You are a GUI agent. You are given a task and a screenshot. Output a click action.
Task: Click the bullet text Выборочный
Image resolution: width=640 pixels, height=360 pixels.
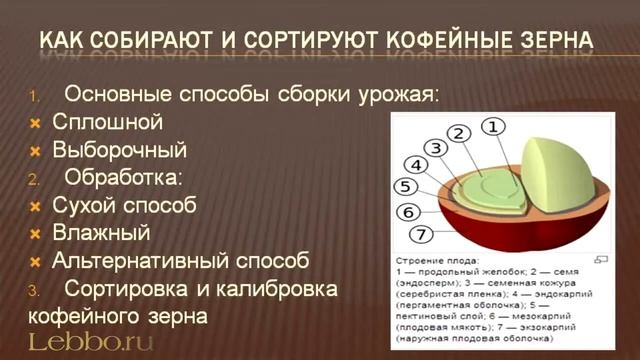(119, 150)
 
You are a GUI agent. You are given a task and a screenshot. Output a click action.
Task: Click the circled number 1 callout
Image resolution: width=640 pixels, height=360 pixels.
(493, 127)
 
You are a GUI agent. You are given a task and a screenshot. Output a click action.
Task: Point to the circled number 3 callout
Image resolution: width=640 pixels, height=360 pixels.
(436, 148)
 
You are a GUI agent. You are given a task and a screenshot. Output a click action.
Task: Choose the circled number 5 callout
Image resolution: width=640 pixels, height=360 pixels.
(405, 187)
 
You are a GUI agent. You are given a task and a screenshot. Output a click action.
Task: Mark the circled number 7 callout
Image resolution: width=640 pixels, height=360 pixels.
(421, 235)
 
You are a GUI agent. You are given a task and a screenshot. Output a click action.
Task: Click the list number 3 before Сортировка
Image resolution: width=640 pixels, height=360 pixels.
(32, 290)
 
